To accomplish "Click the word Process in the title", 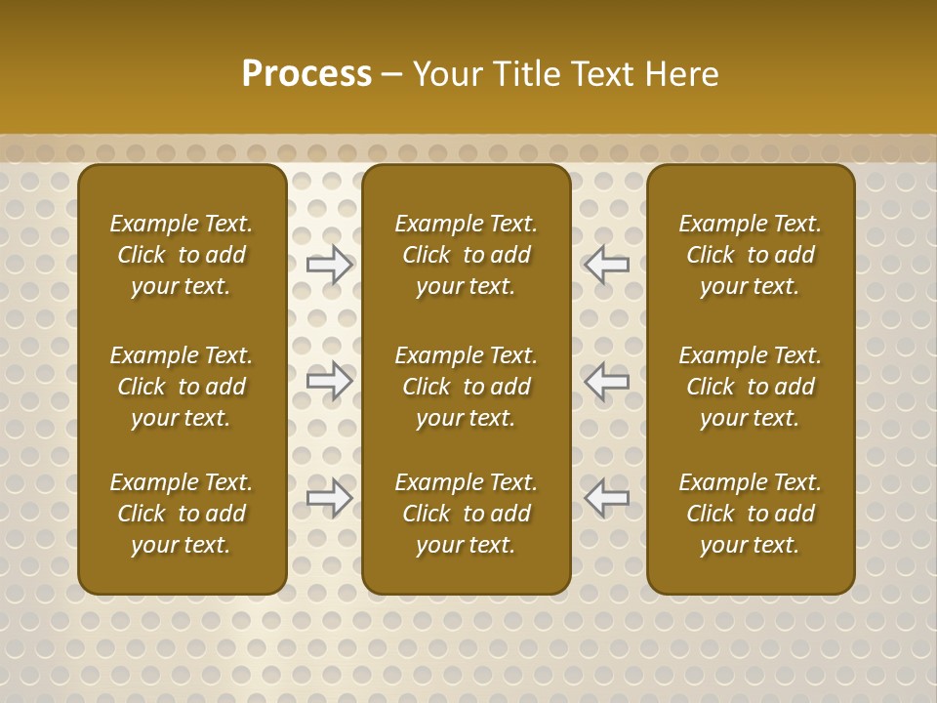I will (x=306, y=74).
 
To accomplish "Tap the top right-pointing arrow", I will (x=330, y=264).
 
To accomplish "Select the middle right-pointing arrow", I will (x=330, y=381).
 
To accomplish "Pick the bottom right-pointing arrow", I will (x=330, y=498).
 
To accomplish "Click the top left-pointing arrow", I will (x=606, y=264).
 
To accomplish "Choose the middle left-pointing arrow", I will (x=606, y=381).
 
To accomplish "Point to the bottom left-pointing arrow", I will (x=606, y=498).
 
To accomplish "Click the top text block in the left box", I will (x=182, y=255).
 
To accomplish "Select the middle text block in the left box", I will (x=182, y=387).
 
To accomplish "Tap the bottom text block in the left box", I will (x=182, y=514).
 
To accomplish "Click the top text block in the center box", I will (x=466, y=255).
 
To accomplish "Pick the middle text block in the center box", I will (x=466, y=387).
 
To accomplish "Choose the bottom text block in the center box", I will (x=466, y=514).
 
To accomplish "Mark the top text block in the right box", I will (x=750, y=255).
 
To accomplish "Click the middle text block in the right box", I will (x=750, y=387).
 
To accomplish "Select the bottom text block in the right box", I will (x=750, y=514).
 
